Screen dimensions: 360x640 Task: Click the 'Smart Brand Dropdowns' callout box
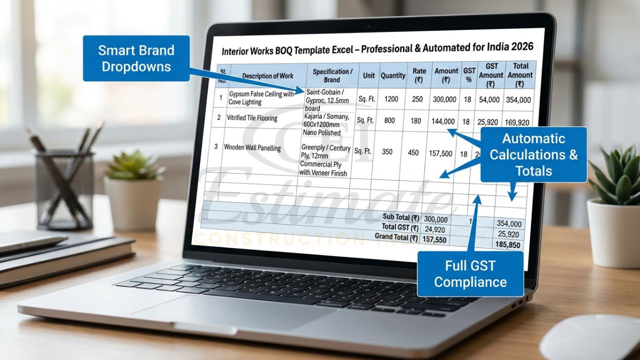pyautogui.click(x=136, y=58)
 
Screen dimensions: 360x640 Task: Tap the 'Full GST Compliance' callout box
pyautogui.click(x=470, y=274)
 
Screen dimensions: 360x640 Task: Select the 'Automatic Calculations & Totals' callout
pyautogui.click(x=533, y=154)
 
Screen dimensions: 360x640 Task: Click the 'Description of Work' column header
pyautogui.click(x=267, y=76)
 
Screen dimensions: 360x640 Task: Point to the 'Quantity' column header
pyautogui.click(x=393, y=75)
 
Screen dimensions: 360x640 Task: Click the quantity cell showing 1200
pyautogui.click(x=391, y=99)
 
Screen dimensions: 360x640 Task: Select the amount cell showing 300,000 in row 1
pyautogui.click(x=444, y=99)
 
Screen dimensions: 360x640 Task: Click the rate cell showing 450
pyautogui.click(x=413, y=152)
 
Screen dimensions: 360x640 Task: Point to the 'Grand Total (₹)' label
pyautogui.click(x=397, y=236)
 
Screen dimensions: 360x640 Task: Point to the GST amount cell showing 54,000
pyautogui.click(x=489, y=99)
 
